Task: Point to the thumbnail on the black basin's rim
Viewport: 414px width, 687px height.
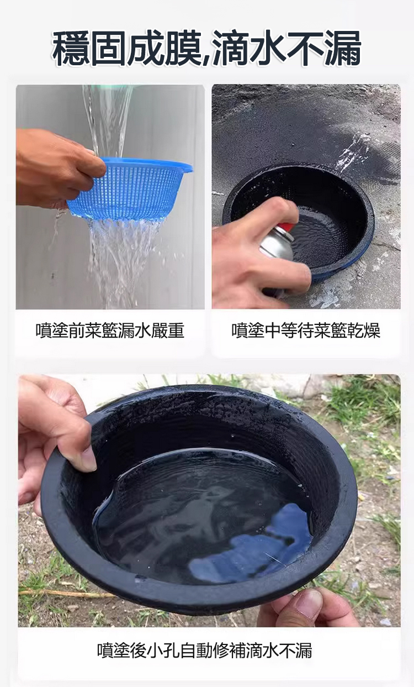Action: coord(89,460)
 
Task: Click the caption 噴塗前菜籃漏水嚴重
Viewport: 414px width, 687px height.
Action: coord(110,331)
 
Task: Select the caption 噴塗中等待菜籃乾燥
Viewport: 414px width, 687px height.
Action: coord(306,331)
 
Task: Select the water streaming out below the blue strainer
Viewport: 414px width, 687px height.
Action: coord(123,261)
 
